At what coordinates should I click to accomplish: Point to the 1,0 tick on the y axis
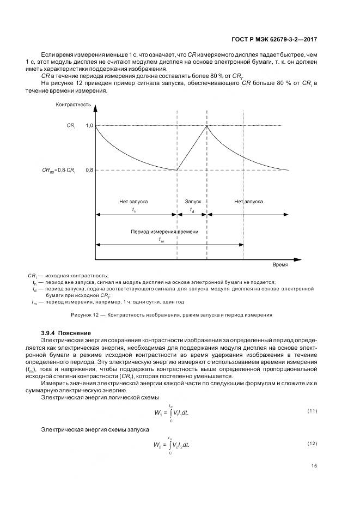click(90, 126)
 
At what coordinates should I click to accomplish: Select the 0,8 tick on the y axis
click(90, 171)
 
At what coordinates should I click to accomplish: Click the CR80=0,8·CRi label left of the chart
click(59, 171)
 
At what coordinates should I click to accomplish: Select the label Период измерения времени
click(164, 232)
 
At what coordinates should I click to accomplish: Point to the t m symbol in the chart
click(161, 240)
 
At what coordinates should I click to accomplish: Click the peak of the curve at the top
click(207, 126)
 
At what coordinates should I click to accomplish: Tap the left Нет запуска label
click(134, 202)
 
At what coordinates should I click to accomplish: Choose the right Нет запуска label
click(249, 202)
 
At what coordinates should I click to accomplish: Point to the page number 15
click(314, 466)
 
